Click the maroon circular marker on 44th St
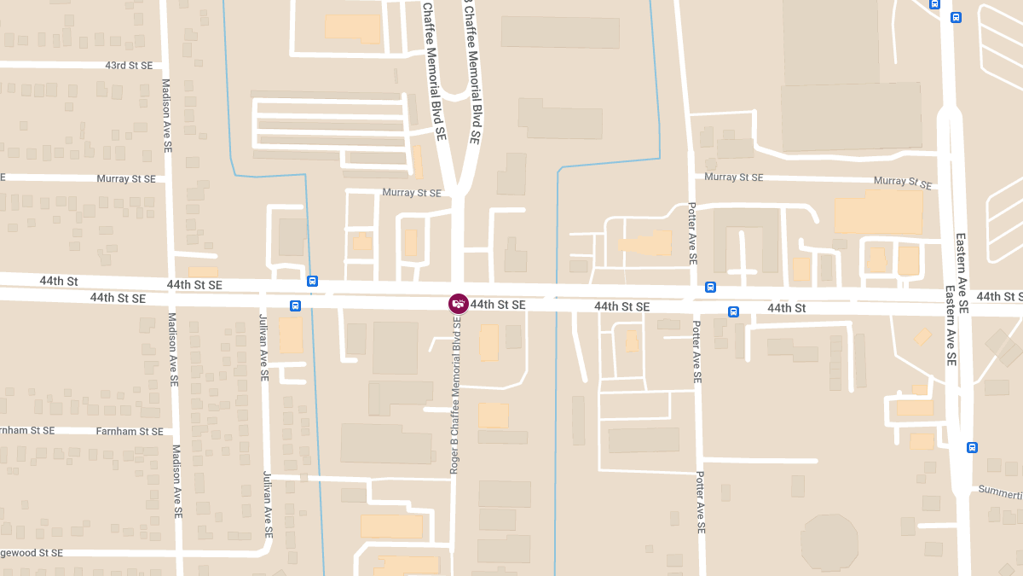[x=459, y=304]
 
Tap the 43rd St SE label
[x=129, y=66]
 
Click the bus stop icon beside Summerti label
[x=972, y=447]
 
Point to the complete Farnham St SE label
[x=129, y=432]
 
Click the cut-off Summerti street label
[x=1000, y=493]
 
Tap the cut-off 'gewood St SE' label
[x=32, y=553]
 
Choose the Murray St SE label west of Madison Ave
[x=126, y=179]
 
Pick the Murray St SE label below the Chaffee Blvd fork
[x=412, y=193]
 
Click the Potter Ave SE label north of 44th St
[x=692, y=234]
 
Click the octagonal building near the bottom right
[x=829, y=542]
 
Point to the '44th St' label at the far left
[x=59, y=281]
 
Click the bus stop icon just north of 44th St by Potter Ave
[x=710, y=288]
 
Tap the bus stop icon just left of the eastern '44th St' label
[x=733, y=311]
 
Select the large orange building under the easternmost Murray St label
[x=878, y=212]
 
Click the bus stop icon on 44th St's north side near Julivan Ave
[x=313, y=281]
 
